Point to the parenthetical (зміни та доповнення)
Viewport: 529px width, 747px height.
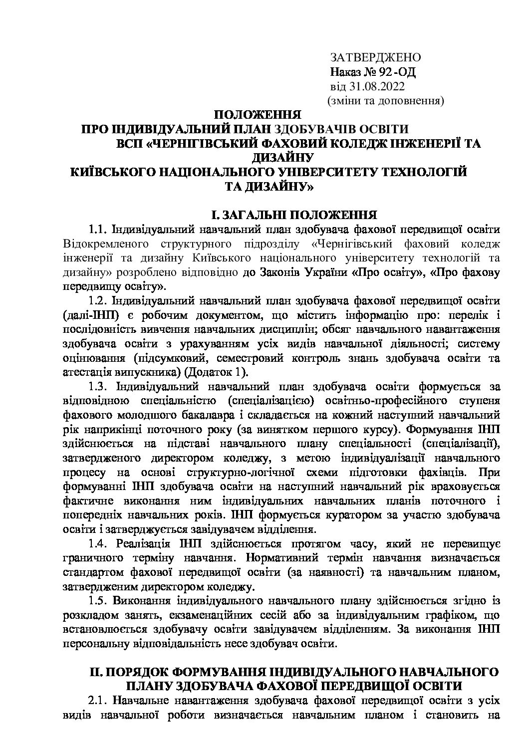385,101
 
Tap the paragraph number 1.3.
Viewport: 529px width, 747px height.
99,387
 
